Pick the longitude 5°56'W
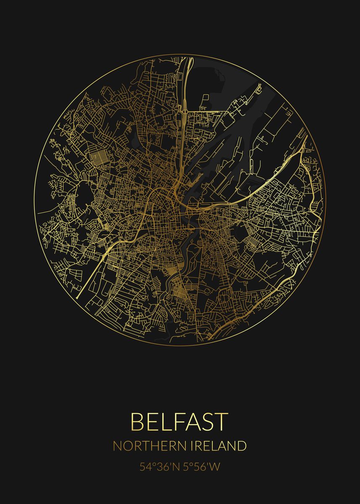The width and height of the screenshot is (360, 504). (x=200, y=467)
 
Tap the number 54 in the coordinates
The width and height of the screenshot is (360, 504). (x=145, y=467)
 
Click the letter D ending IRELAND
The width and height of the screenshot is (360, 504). (x=241, y=446)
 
